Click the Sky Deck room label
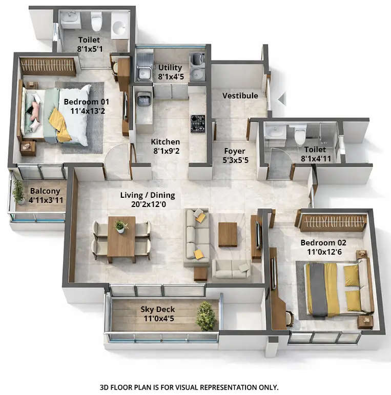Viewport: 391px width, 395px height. click(158, 309)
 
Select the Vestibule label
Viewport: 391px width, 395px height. click(240, 96)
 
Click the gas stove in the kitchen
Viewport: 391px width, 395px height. click(198, 123)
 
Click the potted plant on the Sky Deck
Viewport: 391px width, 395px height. click(206, 316)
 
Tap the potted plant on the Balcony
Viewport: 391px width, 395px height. click(18, 191)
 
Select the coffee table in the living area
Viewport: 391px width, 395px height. click(228, 234)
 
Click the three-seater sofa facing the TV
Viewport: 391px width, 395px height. click(197, 236)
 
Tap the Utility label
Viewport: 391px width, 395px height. click(170, 68)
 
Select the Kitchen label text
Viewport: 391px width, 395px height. click(165, 142)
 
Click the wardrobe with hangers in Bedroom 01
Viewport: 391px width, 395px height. click(48, 67)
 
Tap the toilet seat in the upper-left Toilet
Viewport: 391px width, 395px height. click(96, 22)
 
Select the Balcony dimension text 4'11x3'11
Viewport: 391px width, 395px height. click(46, 200)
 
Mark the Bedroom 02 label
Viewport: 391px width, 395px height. click(323, 242)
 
